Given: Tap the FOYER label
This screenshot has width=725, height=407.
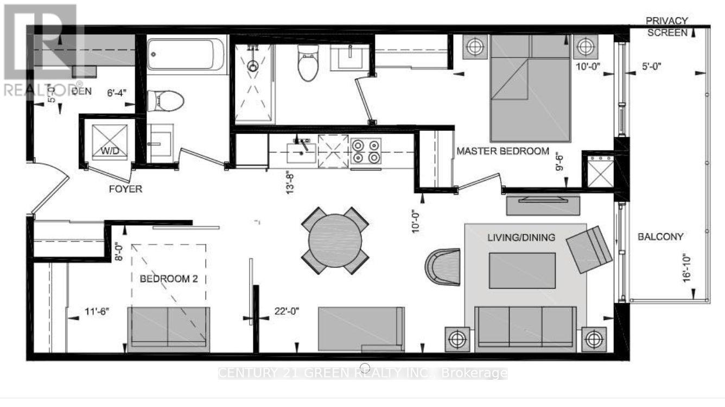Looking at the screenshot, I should point(125,189).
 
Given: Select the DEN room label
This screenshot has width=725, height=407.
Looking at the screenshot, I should point(81,91).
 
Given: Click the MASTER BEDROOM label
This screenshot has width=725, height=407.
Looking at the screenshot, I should point(503,151).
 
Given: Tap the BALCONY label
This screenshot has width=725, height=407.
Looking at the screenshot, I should point(660,237).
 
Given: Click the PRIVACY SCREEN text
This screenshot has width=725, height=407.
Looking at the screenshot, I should point(667,26).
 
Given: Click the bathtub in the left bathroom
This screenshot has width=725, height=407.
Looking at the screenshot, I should point(186,54).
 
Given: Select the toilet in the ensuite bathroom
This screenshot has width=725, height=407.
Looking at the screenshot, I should point(308,63).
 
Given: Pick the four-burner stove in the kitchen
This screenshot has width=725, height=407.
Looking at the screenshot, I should point(366,151).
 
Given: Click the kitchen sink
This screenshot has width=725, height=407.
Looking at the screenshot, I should point(300,148).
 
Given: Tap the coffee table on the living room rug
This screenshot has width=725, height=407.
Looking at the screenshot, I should point(522,270).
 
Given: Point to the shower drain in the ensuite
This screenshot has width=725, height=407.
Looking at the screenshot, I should point(252,66).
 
